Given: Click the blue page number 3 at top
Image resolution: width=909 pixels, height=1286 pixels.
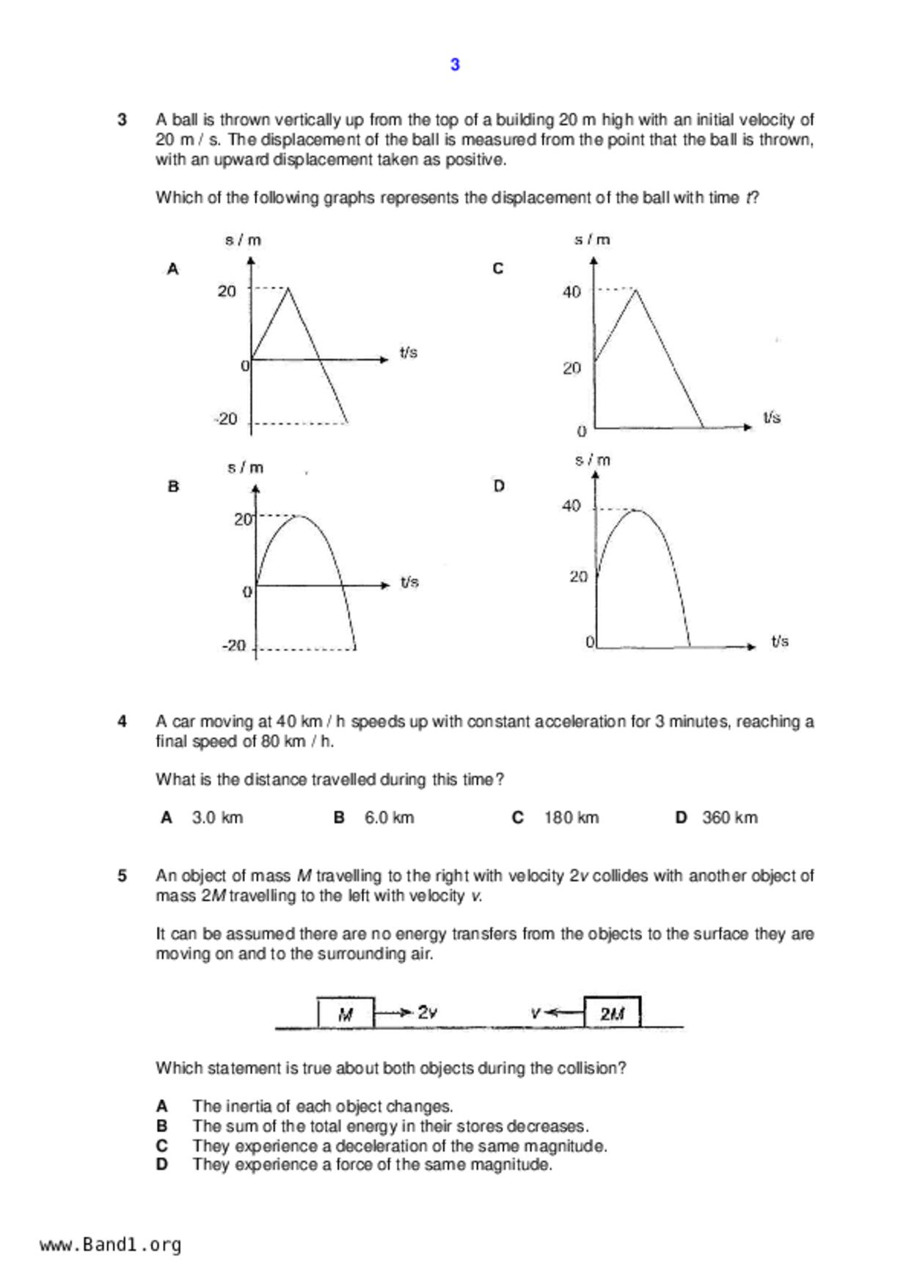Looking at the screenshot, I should pos(455,65).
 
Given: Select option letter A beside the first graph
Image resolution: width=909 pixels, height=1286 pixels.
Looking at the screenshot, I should pos(173,269).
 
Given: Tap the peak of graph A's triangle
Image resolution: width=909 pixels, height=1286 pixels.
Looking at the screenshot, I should pos(288,289).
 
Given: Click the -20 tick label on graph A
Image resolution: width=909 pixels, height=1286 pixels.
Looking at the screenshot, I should pos(226,419).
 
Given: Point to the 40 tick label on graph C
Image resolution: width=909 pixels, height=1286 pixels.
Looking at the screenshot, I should pos(572,292).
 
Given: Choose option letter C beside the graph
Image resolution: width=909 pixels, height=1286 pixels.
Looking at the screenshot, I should pos(498,268).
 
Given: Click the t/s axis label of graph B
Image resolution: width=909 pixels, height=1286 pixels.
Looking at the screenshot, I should pos(409,582).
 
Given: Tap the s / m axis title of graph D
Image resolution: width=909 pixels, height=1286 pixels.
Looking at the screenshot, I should pos(593,460).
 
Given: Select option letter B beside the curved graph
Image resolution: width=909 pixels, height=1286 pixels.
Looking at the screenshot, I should pos(173,486).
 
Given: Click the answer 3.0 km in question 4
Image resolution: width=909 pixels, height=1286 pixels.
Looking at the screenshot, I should pos(217,817).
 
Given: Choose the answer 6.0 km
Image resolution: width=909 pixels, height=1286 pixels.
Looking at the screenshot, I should pos(389,817).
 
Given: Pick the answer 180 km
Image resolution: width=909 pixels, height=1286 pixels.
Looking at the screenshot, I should pos(571,817).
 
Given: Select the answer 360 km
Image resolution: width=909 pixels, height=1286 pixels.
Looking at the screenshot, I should pos(729,817).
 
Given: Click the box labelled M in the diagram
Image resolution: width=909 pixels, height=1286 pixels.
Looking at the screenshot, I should pos(346,1013).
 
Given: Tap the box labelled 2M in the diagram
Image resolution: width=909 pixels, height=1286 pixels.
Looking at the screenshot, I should pos(612,1013).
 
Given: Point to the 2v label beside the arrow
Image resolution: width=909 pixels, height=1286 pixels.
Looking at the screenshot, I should pos(428,1013).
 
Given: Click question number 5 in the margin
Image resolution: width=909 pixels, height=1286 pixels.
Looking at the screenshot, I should pos(123,875).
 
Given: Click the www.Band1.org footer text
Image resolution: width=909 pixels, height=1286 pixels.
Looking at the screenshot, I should pos(111,1245).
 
